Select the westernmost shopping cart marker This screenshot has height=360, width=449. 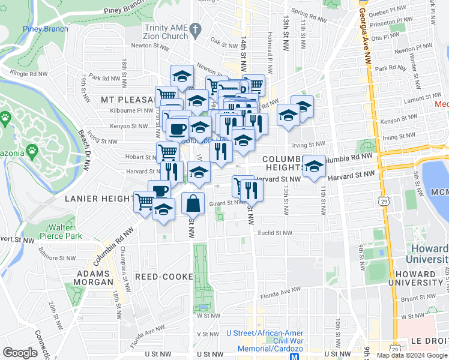[145, 202]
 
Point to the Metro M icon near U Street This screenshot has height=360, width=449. [295, 356]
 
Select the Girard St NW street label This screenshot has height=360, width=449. [226, 203]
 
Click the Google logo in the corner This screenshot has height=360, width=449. [20, 352]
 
